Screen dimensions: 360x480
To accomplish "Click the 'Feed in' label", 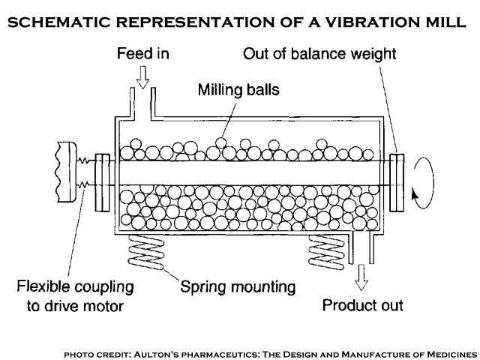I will click(x=142, y=54).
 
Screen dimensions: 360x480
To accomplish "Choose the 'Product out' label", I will click(x=363, y=305).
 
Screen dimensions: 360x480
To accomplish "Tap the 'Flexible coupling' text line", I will click(x=76, y=286).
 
